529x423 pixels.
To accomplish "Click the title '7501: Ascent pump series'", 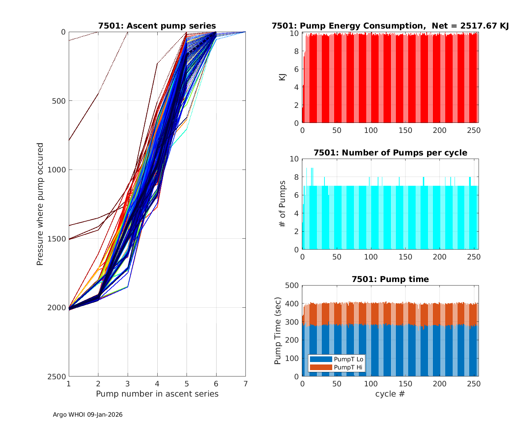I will click(x=157, y=26).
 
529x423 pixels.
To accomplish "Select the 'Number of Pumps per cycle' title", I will click(x=390, y=153).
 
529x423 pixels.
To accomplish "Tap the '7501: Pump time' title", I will click(x=390, y=279).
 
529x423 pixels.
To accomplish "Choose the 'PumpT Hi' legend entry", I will click(x=348, y=367).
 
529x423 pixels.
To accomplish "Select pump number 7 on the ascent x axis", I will click(x=245, y=384).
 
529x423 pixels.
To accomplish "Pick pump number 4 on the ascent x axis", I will click(x=157, y=384).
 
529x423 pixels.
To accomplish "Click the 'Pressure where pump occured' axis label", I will click(x=40, y=204).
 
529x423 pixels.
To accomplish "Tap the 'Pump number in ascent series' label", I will click(x=157, y=394).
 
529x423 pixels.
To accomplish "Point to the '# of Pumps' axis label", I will click(x=282, y=204).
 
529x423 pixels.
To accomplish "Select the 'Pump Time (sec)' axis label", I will click(x=278, y=331).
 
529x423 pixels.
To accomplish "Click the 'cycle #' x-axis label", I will click(x=390, y=394).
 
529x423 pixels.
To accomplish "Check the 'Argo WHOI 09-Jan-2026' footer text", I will click(x=87, y=415).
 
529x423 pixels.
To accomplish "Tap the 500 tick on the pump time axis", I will click(x=292, y=286).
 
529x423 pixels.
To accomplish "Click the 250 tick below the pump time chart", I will click(x=474, y=384).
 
